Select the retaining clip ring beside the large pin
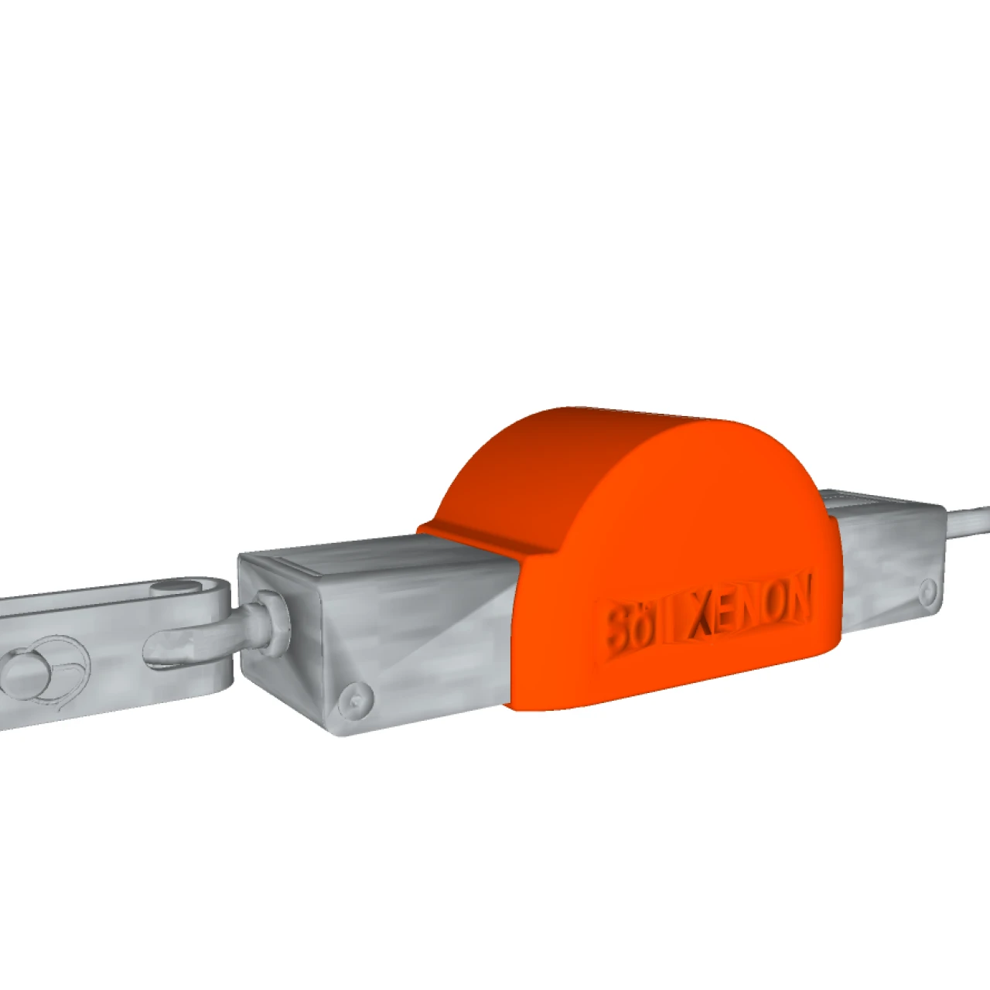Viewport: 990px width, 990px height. click(x=66, y=665)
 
